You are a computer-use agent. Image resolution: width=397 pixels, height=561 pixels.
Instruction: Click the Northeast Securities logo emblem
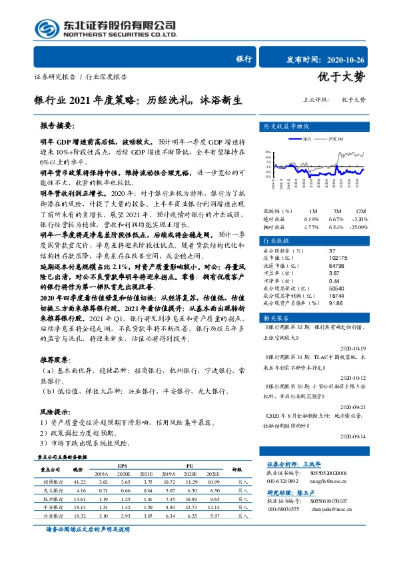[x=47, y=28]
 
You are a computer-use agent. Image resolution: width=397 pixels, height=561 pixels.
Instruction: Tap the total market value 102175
[x=338, y=258]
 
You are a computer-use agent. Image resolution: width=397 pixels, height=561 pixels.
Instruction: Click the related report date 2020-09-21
[x=362, y=406]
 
